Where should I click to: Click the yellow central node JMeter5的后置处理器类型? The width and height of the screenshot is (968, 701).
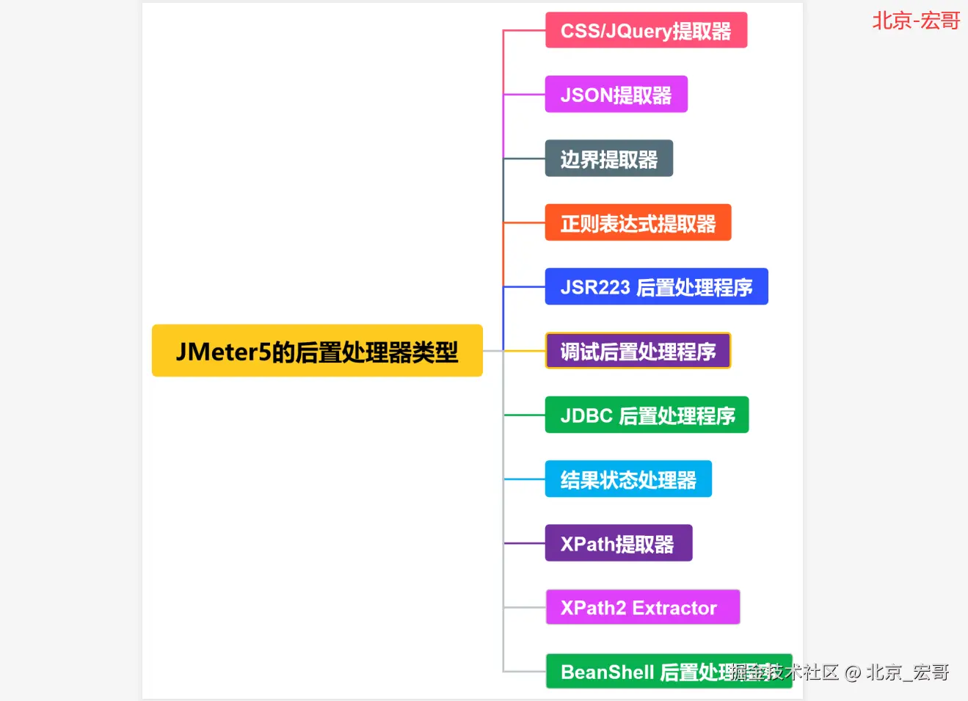[317, 351]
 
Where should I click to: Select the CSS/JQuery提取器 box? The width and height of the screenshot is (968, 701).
[646, 31]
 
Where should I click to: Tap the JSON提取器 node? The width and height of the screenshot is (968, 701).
[616, 95]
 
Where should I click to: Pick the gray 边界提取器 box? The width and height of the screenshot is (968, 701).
[608, 159]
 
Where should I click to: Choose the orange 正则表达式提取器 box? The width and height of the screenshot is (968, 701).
[638, 223]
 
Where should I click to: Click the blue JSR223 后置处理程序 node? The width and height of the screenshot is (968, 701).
[656, 287]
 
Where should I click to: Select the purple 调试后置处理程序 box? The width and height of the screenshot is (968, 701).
[638, 351]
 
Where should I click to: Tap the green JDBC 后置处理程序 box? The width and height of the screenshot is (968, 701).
[647, 415]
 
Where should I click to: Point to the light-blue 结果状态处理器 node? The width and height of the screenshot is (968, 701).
[628, 479]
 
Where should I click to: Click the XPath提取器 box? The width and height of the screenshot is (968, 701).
[618, 543]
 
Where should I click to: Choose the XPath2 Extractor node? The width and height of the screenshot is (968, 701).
[642, 608]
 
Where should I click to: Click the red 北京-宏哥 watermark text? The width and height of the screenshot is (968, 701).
[916, 21]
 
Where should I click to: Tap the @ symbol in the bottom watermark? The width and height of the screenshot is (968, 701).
[852, 672]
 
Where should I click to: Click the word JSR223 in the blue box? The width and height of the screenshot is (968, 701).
[595, 287]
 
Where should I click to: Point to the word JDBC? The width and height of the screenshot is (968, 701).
[586, 415]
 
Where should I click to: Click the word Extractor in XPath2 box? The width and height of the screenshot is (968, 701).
[674, 608]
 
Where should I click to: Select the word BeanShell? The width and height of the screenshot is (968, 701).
[607, 672]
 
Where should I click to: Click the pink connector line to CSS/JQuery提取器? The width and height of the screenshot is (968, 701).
[524, 31]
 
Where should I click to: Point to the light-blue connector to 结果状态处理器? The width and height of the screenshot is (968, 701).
[524, 479]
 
